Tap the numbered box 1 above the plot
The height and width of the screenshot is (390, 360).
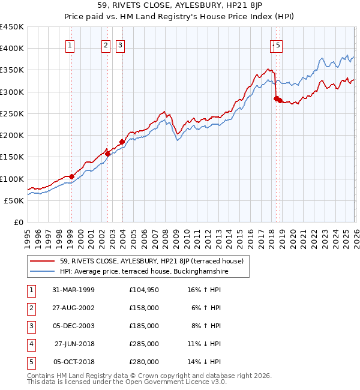coord(71,44)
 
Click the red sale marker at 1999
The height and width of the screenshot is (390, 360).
coord(71,176)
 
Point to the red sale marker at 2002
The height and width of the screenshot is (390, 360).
coord(107,154)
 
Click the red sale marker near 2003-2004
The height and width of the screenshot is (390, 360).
coord(121,142)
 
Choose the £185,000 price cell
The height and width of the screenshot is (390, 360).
coord(143,326)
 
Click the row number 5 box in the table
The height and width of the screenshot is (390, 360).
coord(31,362)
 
